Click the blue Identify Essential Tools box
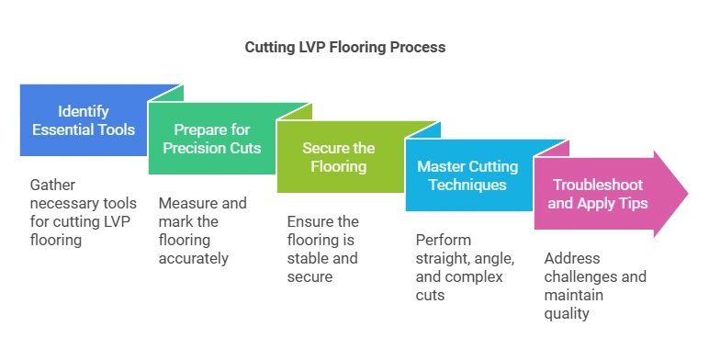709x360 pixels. (84, 120)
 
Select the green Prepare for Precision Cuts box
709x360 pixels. (213, 139)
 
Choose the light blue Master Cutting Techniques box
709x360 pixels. (468, 175)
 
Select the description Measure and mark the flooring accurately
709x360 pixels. (203, 231)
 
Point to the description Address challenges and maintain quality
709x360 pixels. (595, 286)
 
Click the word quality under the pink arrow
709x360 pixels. (567, 313)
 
